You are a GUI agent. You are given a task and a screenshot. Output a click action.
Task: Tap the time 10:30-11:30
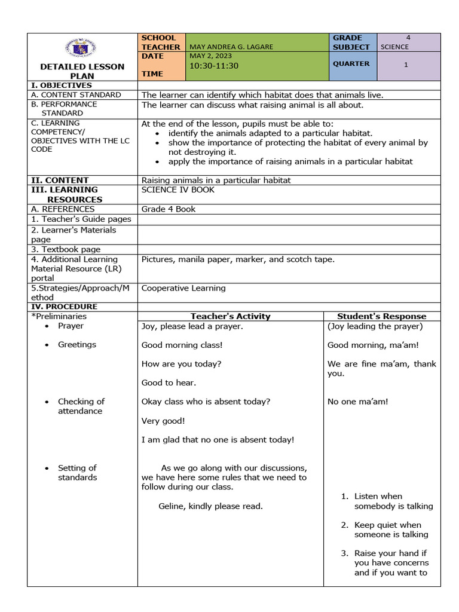pyautogui.click(x=213, y=66)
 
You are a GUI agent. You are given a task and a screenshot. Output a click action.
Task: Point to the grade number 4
pyautogui.click(x=408, y=38)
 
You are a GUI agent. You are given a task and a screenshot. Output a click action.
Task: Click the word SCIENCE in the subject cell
pyautogui.click(x=394, y=47)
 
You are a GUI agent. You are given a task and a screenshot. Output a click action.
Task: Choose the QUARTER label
pyautogui.click(x=351, y=63)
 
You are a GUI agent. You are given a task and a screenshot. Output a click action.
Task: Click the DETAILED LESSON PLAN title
pyautogui.click(x=82, y=71)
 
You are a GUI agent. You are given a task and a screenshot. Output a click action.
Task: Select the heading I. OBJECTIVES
pyautogui.click(x=62, y=85)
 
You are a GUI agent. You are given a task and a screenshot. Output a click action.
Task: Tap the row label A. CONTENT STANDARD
pyautogui.click(x=76, y=94)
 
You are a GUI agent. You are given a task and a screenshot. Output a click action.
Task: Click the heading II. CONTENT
pyautogui.click(x=60, y=180)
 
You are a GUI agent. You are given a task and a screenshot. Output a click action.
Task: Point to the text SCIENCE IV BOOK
pyautogui.click(x=178, y=189)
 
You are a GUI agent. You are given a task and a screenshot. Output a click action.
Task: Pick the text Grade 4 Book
pyautogui.click(x=169, y=209)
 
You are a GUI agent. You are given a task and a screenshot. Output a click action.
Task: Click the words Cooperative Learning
pyautogui.click(x=183, y=288)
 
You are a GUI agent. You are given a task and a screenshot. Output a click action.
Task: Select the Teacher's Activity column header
pyautogui.click(x=230, y=316)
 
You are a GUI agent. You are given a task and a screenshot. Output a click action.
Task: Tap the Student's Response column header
pyautogui.click(x=382, y=316)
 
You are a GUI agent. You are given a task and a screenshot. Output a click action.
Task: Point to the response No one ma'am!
pyautogui.click(x=357, y=402)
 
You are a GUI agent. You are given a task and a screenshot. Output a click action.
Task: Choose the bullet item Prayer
pyautogui.click(x=71, y=326)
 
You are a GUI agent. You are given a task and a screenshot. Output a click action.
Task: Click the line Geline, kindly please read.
pyautogui.click(x=210, y=506)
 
